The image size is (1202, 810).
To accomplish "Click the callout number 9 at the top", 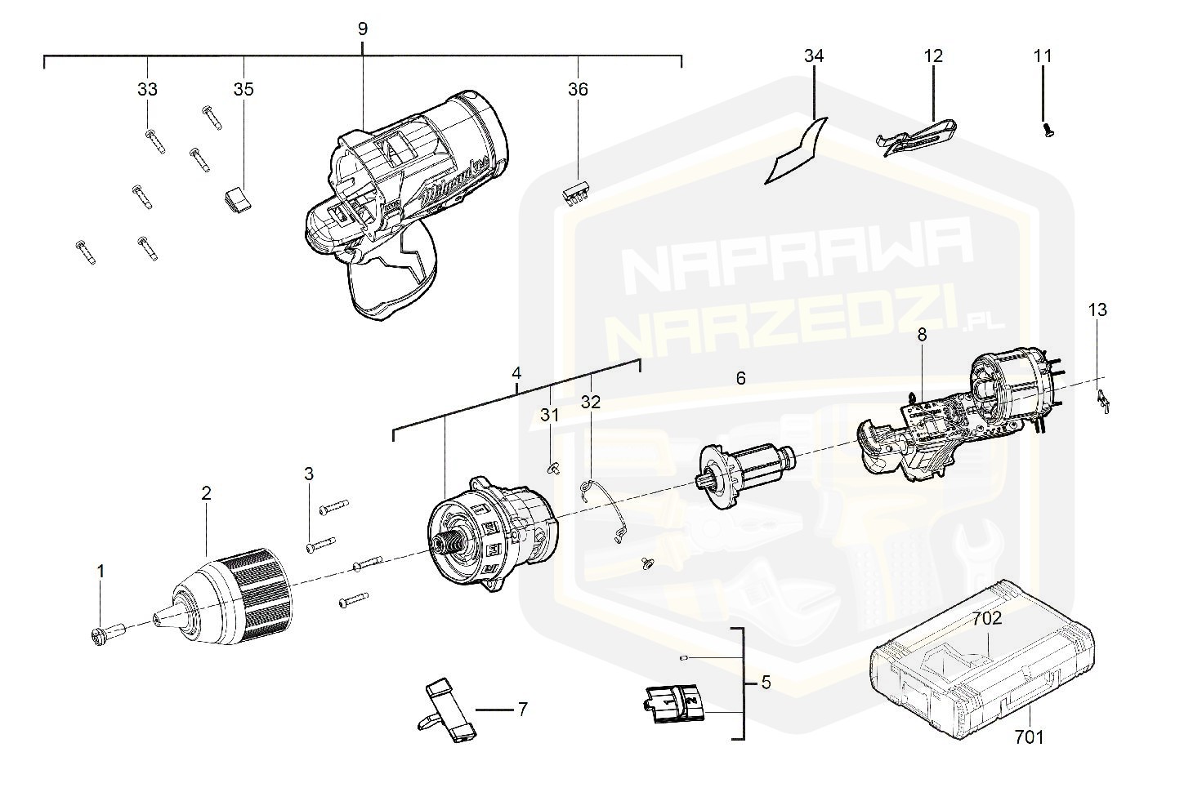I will pos(362,29).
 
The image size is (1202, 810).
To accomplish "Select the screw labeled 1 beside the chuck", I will pos(106,633).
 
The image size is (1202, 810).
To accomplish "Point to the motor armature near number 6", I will pos(745,470).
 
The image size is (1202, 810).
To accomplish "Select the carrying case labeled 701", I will pos(981,661).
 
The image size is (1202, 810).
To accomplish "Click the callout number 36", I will pos(578,89).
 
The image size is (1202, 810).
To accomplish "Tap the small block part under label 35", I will pos(237,198).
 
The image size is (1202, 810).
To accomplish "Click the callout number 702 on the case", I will pos(986,619).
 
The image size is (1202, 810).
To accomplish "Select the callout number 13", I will pos(1097,309).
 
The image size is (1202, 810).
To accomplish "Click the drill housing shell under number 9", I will pos(392,204).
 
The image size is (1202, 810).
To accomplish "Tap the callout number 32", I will pos(590,401).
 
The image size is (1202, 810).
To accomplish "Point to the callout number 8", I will pos(922,334).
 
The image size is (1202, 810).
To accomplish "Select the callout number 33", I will pos(147,89).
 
